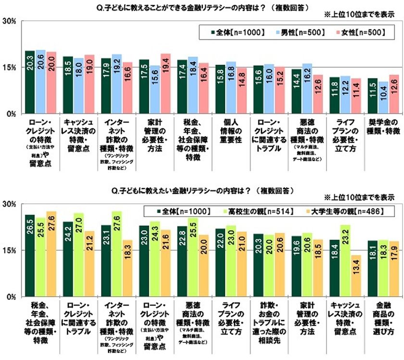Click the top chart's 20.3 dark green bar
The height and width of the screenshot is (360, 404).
coord(30,82)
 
